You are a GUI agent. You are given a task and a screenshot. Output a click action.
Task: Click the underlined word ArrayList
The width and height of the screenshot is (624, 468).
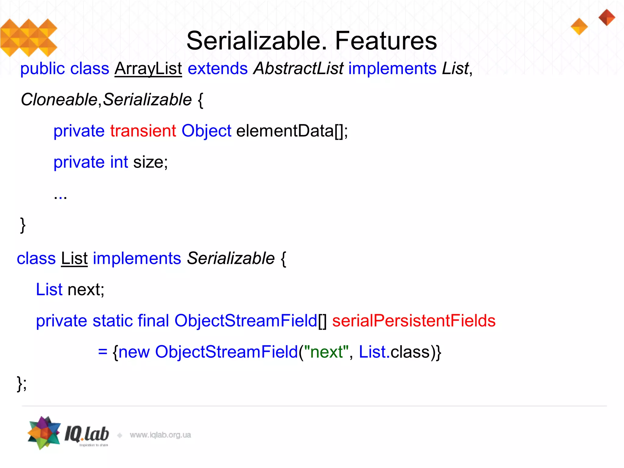click(148, 69)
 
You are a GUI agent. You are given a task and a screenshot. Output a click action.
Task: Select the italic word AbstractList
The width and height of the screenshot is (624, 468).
click(298, 69)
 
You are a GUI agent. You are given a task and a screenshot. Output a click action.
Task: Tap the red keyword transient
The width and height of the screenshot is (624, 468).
click(143, 131)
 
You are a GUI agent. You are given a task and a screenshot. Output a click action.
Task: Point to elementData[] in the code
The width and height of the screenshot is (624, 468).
click(292, 131)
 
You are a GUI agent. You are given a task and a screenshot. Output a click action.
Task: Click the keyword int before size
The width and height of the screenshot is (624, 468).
click(119, 162)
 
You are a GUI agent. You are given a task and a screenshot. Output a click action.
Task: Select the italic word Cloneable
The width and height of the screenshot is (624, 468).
click(59, 100)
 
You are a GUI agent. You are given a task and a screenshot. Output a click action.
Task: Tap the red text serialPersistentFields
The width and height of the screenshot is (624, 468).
click(413, 321)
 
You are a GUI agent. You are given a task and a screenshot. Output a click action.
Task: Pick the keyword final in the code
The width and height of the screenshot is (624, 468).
click(153, 321)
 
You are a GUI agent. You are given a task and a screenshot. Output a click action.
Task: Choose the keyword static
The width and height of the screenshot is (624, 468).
click(112, 321)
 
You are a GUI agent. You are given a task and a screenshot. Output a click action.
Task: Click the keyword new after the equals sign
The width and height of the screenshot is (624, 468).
click(134, 352)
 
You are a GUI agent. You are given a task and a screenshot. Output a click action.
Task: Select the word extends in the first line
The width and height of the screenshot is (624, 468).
click(218, 69)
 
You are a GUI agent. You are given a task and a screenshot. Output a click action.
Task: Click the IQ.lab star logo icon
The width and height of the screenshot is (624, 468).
click(44, 433)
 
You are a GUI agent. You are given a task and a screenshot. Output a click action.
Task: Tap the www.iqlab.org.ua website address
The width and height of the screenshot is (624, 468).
click(160, 435)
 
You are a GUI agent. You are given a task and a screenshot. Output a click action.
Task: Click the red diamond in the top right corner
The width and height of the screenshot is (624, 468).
click(607, 17)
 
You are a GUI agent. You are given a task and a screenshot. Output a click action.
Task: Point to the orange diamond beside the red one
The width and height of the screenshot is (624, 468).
click(579, 27)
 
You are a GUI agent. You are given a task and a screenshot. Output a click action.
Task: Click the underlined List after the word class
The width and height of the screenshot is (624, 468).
click(74, 259)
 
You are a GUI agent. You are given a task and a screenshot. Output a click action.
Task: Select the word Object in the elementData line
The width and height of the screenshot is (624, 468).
click(206, 131)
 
